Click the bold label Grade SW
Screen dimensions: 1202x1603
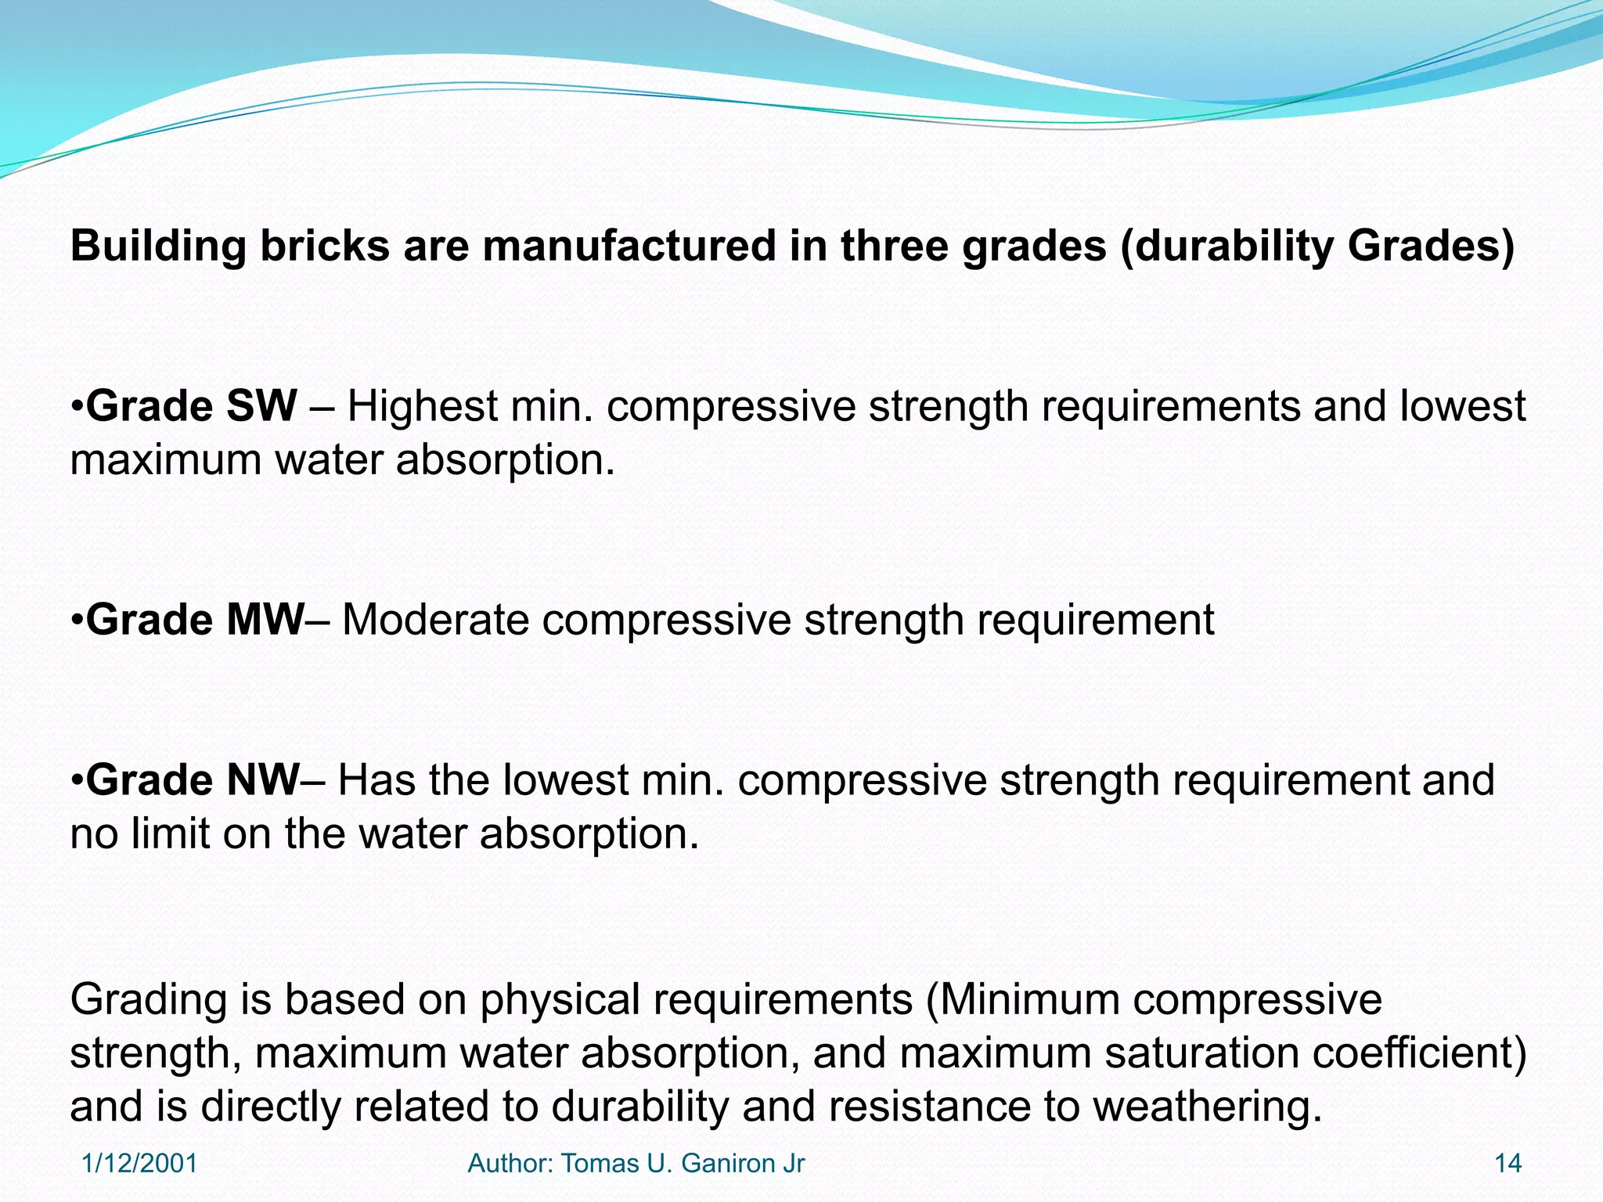192,407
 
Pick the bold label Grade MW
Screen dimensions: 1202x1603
195,621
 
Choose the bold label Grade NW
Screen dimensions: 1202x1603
193,781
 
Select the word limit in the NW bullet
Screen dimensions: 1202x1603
171,834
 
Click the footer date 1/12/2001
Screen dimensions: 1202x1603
139,1164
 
